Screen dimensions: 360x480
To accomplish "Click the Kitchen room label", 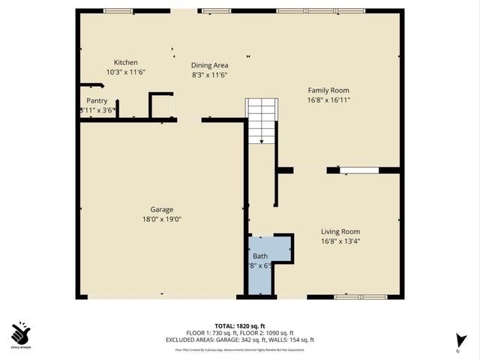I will [125, 62].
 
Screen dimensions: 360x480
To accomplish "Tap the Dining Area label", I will [209, 65].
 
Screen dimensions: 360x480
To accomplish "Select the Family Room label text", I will [328, 90].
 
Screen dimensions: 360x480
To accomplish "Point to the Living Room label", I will [340, 232].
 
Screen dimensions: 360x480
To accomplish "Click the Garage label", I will [161, 210].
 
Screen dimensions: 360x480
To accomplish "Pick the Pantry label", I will [97, 100].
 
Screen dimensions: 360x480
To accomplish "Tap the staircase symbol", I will [262, 120].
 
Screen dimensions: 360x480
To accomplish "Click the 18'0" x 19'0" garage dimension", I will [161, 220].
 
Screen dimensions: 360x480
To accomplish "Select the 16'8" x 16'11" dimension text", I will [328, 100].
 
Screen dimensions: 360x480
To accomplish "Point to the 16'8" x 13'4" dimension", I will [340, 241].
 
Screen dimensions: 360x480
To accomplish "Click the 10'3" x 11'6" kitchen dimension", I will [125, 72].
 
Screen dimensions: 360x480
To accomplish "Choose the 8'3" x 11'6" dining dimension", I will [209, 75].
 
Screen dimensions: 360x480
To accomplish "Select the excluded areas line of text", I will [240, 339].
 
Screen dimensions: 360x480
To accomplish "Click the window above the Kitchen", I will [118, 11].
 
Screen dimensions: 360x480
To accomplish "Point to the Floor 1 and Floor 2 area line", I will [240, 333].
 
